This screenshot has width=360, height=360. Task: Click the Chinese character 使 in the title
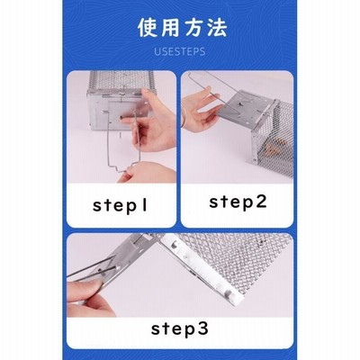(x=148, y=28)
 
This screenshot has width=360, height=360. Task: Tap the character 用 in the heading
(x=171, y=28)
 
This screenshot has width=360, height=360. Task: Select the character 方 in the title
(x=193, y=28)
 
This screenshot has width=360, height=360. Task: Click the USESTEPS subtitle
(x=180, y=51)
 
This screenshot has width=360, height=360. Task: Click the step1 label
(x=121, y=206)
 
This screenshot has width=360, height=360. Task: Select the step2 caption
(x=238, y=202)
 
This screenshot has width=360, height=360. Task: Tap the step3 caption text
(x=179, y=328)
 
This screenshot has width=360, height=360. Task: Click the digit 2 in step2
(x=260, y=201)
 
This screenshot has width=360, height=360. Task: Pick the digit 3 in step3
(x=202, y=328)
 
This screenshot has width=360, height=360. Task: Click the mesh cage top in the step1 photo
(x=121, y=80)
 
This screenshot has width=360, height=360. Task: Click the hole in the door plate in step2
(x=241, y=105)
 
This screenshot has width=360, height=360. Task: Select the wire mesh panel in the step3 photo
(x=240, y=264)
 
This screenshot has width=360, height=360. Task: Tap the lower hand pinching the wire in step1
(x=147, y=173)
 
